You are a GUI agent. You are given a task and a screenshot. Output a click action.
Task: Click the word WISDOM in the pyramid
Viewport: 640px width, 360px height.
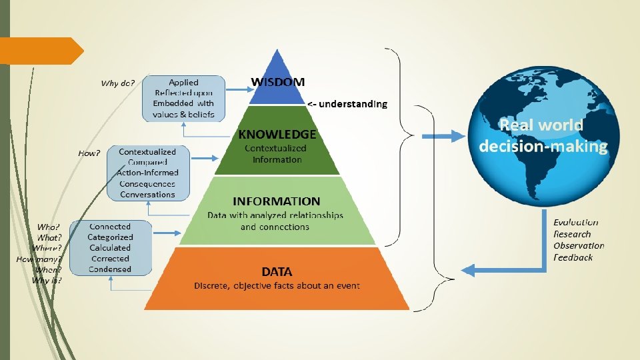click(278, 82)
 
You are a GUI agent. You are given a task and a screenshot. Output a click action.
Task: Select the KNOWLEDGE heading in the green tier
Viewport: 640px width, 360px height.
click(277, 134)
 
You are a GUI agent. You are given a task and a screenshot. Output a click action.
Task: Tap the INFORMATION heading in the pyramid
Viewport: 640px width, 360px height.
click(277, 201)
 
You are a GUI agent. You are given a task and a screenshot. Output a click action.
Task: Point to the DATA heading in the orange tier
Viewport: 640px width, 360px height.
click(277, 271)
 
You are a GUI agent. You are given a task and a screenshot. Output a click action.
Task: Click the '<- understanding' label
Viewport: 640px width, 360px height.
click(347, 104)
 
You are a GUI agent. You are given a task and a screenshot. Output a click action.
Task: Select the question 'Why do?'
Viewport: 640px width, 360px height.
click(118, 83)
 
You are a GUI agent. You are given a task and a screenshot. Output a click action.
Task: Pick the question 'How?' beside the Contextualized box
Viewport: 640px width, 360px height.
click(89, 153)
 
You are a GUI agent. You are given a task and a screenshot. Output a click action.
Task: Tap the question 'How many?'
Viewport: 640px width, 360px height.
click(39, 259)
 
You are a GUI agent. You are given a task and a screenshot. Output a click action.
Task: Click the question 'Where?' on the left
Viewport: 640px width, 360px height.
click(47, 248)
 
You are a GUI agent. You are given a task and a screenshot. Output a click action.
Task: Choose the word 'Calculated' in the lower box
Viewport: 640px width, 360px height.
click(111, 248)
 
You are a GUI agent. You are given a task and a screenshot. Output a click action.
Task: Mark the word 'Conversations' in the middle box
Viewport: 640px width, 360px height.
click(147, 195)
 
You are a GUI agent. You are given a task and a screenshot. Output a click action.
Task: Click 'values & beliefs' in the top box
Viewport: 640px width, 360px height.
click(184, 115)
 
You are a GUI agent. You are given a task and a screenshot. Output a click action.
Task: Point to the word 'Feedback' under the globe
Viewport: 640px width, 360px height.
click(573, 257)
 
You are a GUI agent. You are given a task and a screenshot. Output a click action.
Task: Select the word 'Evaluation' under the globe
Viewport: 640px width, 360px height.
click(576, 222)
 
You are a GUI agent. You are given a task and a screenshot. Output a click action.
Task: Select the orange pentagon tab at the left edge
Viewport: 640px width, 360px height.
click(40, 51)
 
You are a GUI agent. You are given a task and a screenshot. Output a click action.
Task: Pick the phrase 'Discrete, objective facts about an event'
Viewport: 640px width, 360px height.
click(277, 286)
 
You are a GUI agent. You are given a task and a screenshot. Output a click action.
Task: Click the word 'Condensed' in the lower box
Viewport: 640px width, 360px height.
click(111, 269)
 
